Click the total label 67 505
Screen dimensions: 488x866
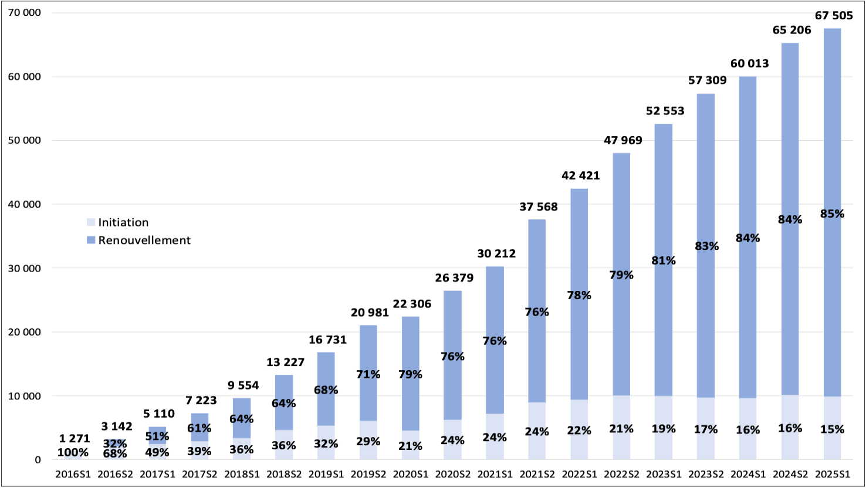click(x=834, y=16)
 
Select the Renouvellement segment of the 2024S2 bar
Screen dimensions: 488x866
click(x=790, y=147)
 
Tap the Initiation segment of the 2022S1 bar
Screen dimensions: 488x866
click(x=579, y=446)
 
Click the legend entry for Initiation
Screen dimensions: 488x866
click(x=123, y=222)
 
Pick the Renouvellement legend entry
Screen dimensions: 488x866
click(x=144, y=240)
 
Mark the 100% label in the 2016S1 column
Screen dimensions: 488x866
click(x=73, y=452)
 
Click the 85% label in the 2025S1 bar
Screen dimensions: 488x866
click(x=832, y=214)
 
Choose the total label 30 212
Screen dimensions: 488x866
click(x=496, y=253)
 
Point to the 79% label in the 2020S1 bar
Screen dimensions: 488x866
click(x=410, y=374)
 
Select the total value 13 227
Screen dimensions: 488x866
click(x=285, y=362)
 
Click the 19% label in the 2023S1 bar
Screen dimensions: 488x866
click(x=664, y=429)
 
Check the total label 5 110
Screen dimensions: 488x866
click(x=159, y=414)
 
